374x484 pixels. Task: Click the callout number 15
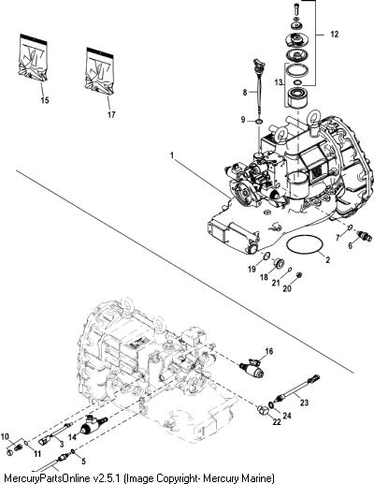point(45,100)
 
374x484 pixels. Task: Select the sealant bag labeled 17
point(100,71)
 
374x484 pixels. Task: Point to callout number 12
point(334,34)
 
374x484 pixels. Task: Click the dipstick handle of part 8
point(259,64)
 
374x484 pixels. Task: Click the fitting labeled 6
point(365,236)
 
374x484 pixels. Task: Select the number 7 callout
point(338,238)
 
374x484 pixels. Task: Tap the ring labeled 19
point(266,257)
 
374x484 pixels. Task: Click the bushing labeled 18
point(278,264)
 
